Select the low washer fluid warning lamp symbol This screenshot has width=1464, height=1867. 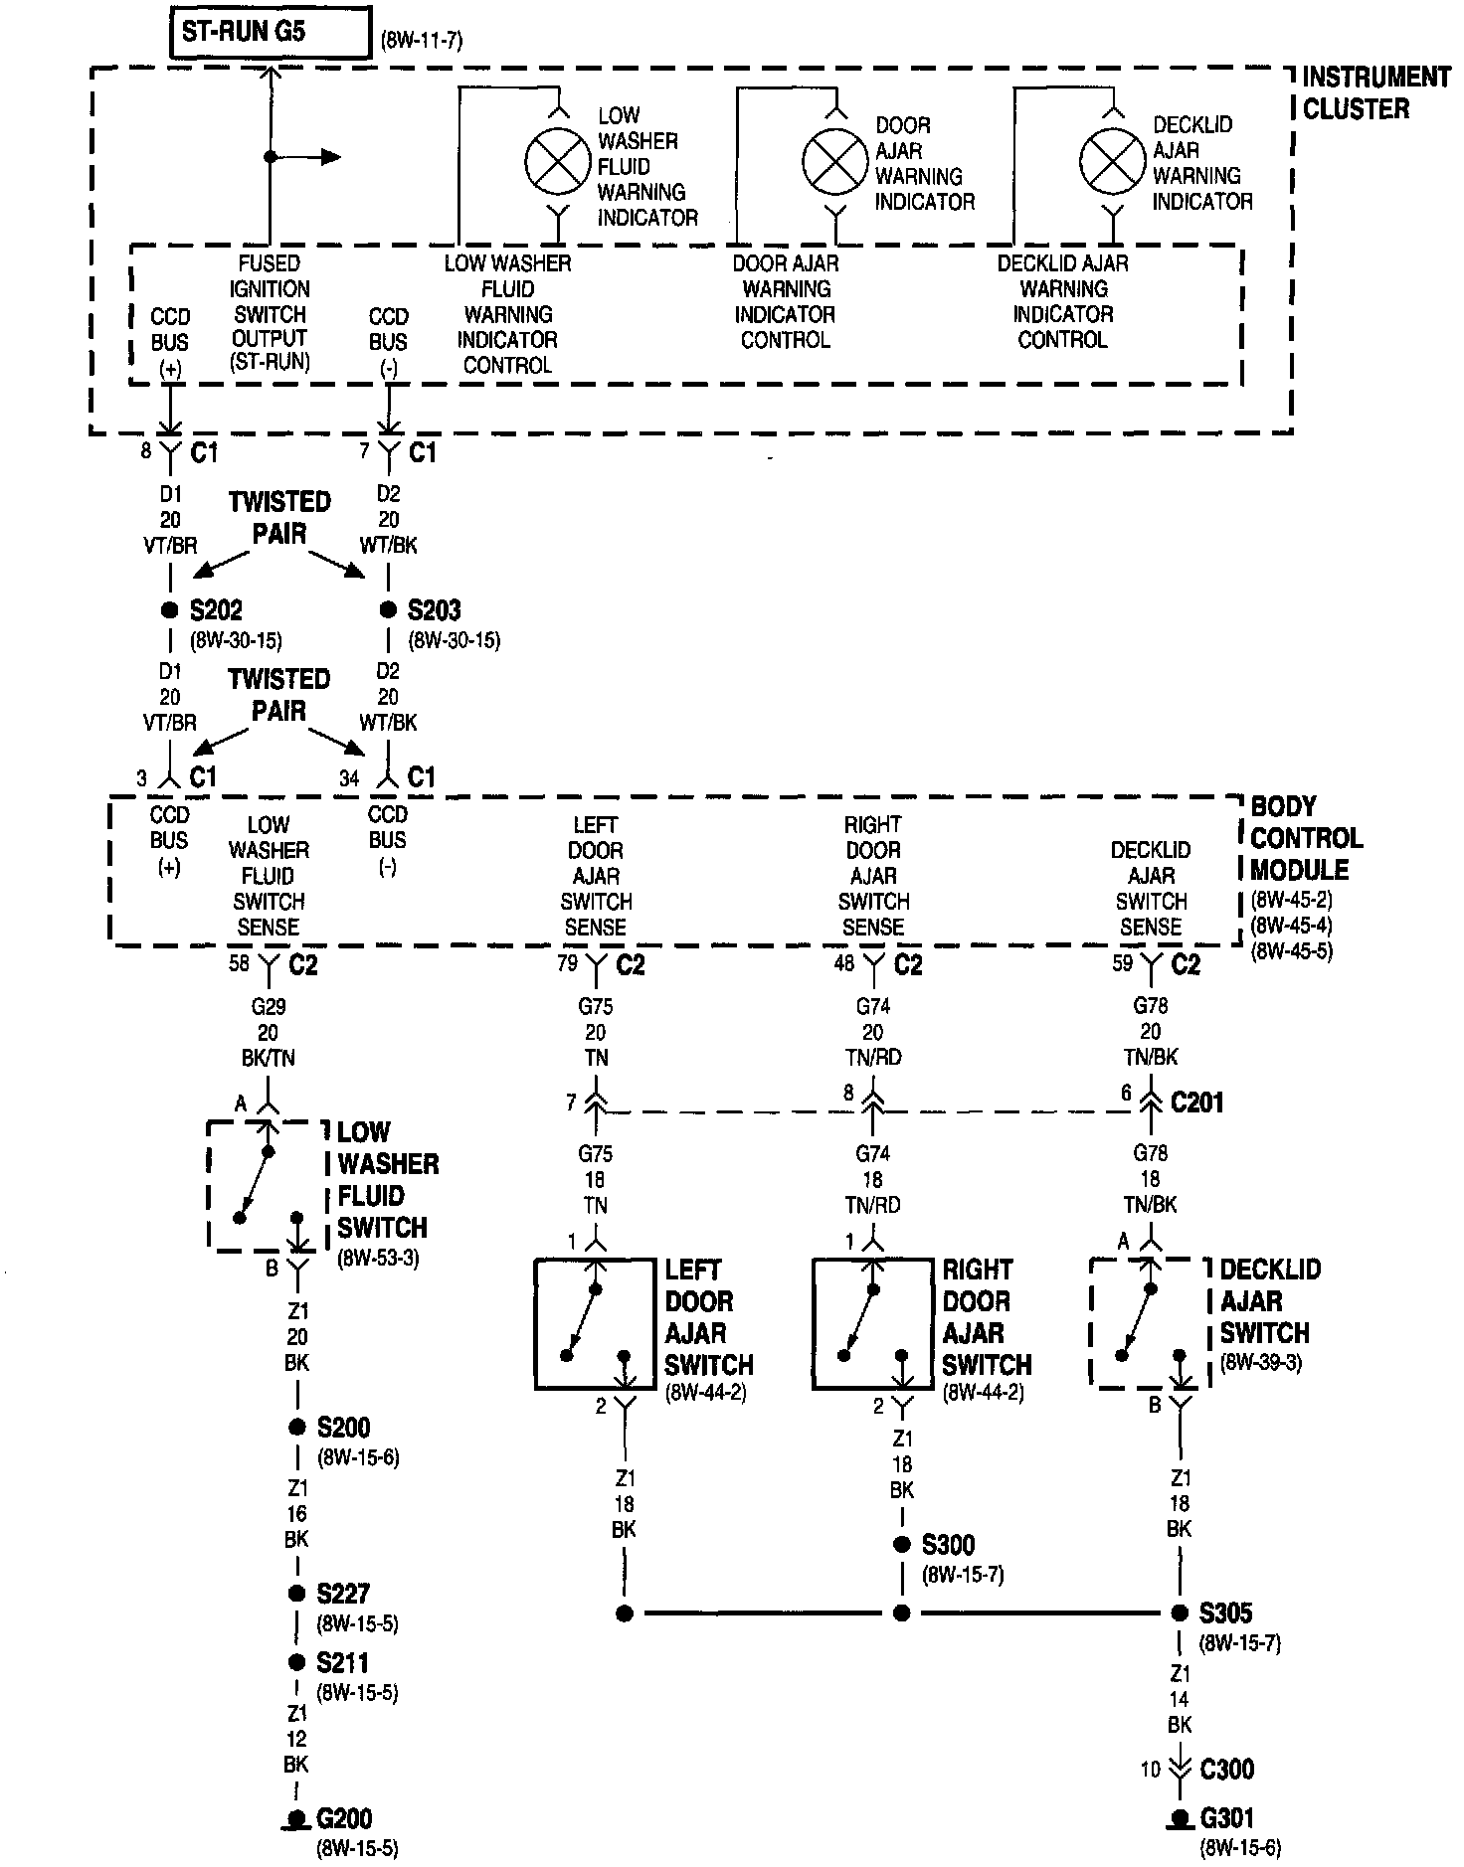point(558,161)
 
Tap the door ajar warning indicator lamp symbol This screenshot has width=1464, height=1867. point(836,161)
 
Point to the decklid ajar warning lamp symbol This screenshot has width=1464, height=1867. point(1114,161)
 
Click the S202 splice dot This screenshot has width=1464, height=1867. point(170,609)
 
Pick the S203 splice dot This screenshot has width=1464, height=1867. point(388,609)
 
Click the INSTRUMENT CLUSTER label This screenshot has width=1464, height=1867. point(1375,92)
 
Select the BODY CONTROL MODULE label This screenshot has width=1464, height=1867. point(1306,838)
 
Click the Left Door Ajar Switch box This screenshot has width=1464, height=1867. point(595,1323)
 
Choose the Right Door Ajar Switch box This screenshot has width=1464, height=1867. point(872,1323)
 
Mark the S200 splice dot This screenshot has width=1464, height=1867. point(296,1427)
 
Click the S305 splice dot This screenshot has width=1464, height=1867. point(1180,1612)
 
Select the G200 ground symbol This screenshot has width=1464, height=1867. point(296,1819)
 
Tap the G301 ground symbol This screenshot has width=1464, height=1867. point(1180,1819)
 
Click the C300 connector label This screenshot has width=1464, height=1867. point(1226,1770)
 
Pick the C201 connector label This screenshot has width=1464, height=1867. point(1197,1102)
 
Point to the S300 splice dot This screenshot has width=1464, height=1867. point(902,1544)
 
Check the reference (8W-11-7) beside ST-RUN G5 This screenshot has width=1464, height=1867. point(422,41)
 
